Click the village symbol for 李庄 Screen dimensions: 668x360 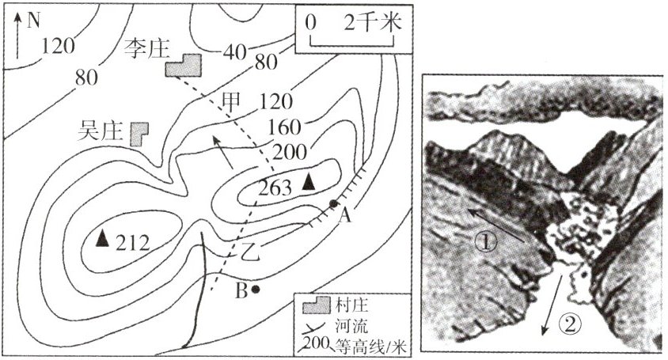tap(184, 66)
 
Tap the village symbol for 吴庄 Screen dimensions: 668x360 tap(140, 132)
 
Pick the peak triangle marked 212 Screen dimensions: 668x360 tap(101, 237)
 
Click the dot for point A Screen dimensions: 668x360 tap(333, 204)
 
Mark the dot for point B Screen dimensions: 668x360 tap(255, 290)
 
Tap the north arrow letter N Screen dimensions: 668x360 tap(32, 21)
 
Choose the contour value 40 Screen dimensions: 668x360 tap(234, 53)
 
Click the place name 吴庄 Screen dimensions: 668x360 tap(101, 129)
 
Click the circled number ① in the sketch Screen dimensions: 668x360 tap(486, 243)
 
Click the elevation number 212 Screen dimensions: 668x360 tap(131, 242)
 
